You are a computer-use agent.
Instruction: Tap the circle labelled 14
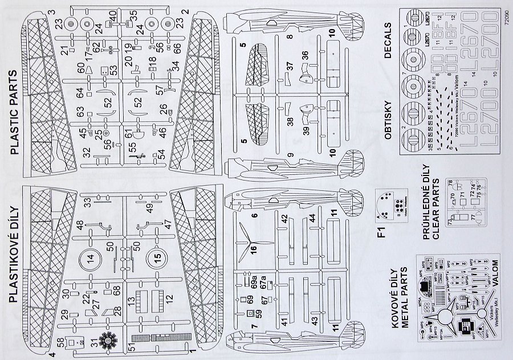point(90,259)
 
